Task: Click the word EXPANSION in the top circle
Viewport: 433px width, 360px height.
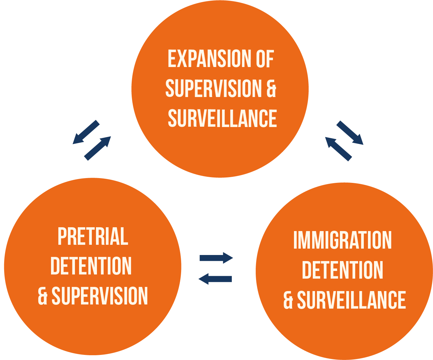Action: tap(209, 59)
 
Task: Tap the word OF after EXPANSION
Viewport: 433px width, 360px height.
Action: tap(265, 59)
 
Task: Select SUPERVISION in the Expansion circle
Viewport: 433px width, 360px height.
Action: tap(213, 88)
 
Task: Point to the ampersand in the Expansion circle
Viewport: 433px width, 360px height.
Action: tap(271, 88)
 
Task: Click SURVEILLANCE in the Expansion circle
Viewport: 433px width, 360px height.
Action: tap(222, 118)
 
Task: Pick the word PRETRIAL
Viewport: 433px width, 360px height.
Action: tap(93, 236)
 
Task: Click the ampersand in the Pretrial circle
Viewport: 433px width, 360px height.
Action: tap(43, 296)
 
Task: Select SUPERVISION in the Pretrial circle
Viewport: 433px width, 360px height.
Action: tap(100, 296)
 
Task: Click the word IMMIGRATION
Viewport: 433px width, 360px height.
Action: tap(342, 240)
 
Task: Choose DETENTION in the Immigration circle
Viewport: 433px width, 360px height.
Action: tap(342, 270)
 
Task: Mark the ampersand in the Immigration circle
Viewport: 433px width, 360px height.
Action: tap(288, 300)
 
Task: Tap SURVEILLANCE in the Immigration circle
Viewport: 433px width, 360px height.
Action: tap(351, 300)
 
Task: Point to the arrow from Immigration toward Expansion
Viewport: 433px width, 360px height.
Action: tap(338, 149)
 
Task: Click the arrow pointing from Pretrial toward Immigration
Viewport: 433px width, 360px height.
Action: tap(216, 258)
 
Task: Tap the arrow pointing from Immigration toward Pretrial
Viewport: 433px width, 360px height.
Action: tap(215, 279)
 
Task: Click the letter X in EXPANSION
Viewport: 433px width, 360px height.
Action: tap(182, 59)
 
